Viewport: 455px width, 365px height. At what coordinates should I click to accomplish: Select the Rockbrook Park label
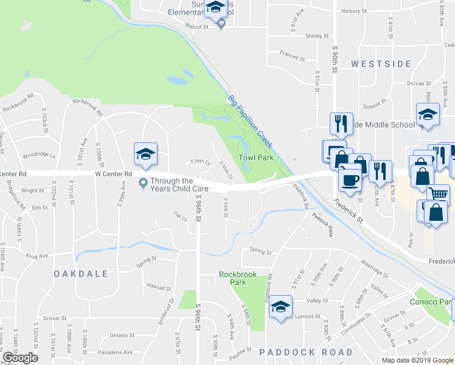coord(237,279)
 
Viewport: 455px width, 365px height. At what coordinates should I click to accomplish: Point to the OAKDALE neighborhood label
coord(80,274)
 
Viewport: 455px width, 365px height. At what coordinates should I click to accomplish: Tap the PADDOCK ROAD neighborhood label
coord(306,352)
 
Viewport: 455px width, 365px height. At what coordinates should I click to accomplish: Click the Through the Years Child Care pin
coord(144,182)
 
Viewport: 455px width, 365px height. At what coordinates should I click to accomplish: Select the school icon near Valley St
coord(280,306)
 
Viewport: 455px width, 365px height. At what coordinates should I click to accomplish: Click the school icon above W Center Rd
coord(146,154)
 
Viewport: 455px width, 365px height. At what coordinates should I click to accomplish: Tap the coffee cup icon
coord(350,179)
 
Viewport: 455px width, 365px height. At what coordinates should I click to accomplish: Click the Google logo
coord(20,357)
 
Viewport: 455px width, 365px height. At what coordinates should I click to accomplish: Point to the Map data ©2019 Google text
coord(417,360)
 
